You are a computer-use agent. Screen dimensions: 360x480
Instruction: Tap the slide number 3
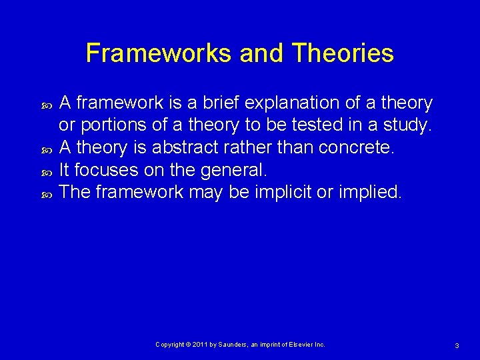pyautogui.click(x=457, y=345)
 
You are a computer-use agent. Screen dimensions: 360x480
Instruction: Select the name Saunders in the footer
pyautogui.click(x=233, y=345)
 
